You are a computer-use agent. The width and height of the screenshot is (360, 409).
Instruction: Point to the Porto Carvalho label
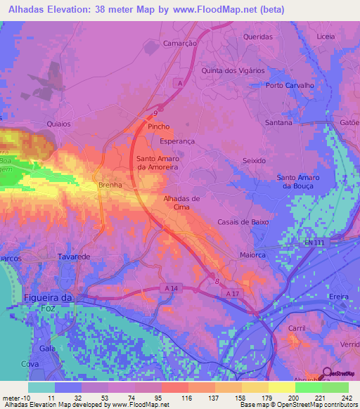pyautogui.click(x=289, y=86)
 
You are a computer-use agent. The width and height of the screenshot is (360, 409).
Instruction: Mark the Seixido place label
pyautogui.click(x=254, y=160)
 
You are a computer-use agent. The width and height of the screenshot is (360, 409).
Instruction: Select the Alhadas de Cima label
pyautogui.click(x=181, y=203)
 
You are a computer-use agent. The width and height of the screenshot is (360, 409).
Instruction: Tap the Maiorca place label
pyautogui.click(x=253, y=256)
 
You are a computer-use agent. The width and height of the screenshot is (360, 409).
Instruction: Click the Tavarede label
pyautogui.click(x=75, y=257)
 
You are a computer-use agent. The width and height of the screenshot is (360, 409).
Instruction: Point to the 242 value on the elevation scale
pyautogui.click(x=345, y=398)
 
